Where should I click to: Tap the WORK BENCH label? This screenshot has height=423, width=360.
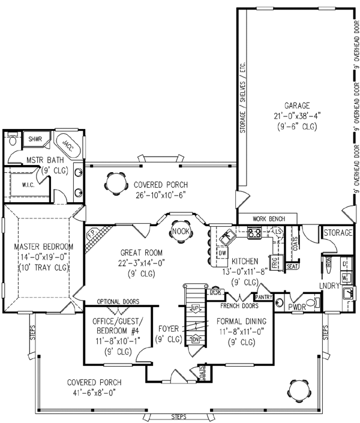pos(268,218)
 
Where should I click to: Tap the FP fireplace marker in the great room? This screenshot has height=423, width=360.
pos(91,232)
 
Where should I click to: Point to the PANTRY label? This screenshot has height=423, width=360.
pos(265,296)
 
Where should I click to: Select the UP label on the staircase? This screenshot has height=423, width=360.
pos(195,309)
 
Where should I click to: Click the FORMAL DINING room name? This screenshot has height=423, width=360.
pos(245,321)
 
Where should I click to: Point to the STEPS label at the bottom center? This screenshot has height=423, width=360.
pos(179,415)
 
